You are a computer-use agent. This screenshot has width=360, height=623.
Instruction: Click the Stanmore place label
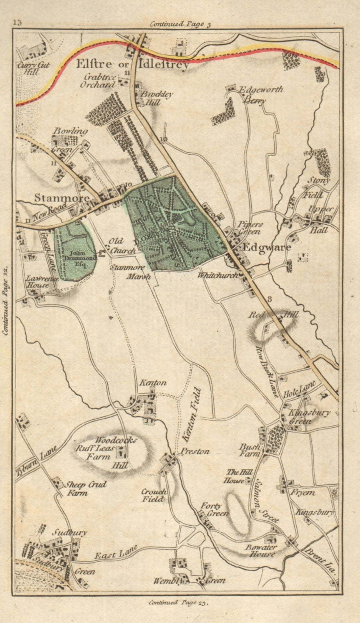[62, 198]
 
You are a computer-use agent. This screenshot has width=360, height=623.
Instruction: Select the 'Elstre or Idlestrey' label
[132, 64]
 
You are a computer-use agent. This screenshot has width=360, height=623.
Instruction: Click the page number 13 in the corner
[17, 22]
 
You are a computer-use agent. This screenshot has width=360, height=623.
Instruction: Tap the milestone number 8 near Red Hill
[269, 299]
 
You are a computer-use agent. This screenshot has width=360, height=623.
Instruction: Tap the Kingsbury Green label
[309, 417]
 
